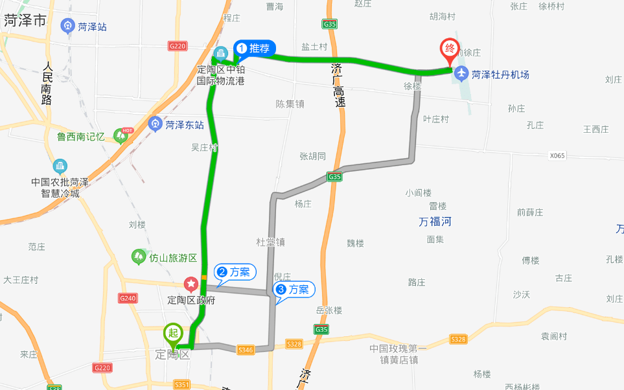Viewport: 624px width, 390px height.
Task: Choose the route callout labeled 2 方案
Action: (x=237, y=272)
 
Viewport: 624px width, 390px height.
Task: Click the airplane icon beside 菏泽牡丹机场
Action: (x=461, y=74)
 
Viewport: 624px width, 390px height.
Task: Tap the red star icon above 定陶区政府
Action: (x=191, y=284)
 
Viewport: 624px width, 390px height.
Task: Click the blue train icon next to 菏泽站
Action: (x=68, y=27)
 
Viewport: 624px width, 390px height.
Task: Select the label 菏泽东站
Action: (x=185, y=124)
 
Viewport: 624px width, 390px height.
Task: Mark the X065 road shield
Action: (x=557, y=155)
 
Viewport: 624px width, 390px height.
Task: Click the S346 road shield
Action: (x=245, y=350)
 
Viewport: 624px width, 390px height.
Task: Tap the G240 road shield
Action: (x=128, y=298)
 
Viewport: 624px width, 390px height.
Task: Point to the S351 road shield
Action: (x=182, y=384)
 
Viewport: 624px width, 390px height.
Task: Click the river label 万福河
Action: (x=435, y=222)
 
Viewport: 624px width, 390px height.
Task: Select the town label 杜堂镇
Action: (x=270, y=242)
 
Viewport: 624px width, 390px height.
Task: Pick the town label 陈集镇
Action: (x=290, y=104)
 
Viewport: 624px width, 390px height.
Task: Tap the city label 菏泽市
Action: (x=25, y=20)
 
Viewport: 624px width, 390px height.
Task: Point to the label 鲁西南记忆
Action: (x=80, y=137)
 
